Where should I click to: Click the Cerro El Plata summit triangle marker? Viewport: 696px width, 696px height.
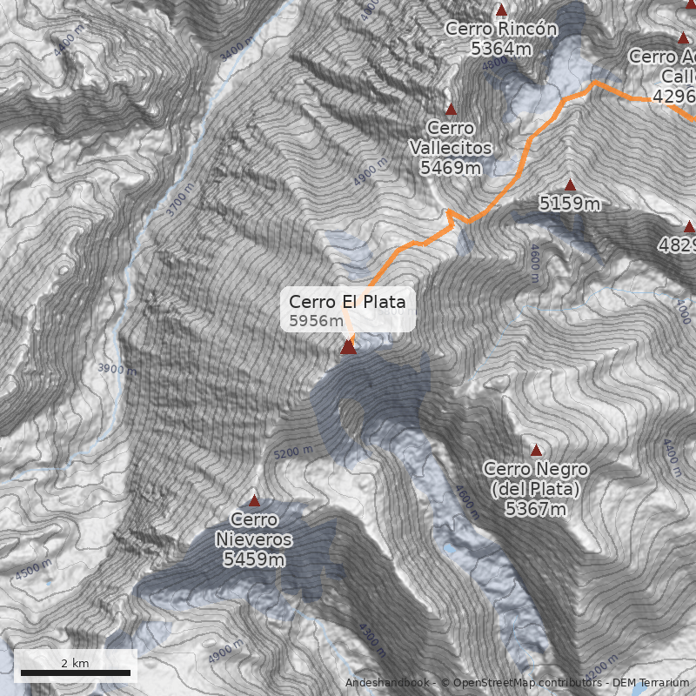(348, 347)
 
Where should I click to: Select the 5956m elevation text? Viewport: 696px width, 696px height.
(316, 321)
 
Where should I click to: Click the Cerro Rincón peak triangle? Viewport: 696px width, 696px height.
(500, 10)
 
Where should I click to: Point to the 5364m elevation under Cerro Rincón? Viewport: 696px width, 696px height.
(501, 49)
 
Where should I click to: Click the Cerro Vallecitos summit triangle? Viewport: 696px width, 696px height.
(451, 109)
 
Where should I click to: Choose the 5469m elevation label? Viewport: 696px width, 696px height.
(451, 168)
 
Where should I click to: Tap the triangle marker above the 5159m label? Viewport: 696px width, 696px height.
(570, 184)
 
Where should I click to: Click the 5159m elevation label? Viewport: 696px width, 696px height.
(570, 204)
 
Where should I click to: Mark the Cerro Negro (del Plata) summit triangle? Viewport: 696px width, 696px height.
(536, 450)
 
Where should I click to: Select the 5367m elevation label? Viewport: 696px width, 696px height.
(536, 509)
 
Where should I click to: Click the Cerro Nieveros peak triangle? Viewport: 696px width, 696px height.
(254, 500)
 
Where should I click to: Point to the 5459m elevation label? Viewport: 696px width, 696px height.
(254, 559)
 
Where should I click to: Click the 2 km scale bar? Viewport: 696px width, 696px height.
(75, 673)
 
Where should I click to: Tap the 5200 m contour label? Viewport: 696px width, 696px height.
(292, 452)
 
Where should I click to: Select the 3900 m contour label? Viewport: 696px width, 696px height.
(117, 369)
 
